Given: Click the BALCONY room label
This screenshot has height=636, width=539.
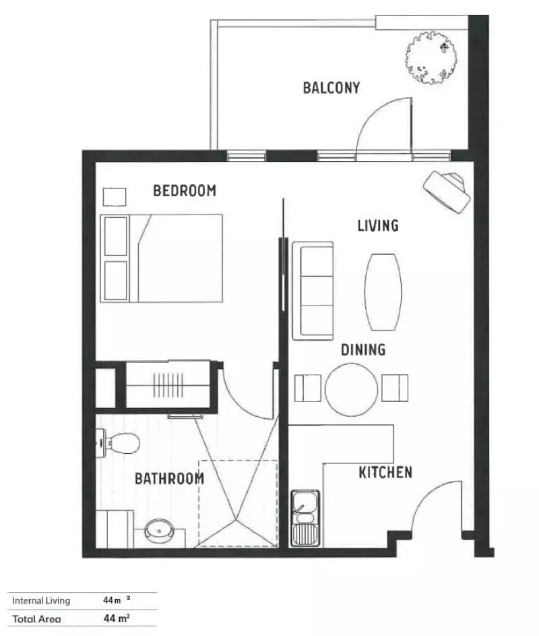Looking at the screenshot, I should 331,88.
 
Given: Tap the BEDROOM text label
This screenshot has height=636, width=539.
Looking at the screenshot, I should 185,191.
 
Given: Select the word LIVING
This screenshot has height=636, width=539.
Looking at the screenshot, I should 377,225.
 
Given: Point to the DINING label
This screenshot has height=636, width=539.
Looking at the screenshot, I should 362,349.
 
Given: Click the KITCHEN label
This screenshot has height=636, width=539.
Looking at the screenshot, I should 385,472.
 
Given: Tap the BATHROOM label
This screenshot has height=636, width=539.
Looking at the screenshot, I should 169,479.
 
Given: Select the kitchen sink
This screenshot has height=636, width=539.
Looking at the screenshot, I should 305,518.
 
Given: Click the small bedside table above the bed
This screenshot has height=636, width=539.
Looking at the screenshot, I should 114,196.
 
